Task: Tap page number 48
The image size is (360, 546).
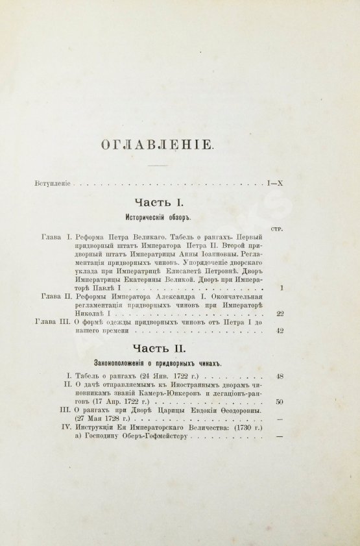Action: click(x=280, y=375)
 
